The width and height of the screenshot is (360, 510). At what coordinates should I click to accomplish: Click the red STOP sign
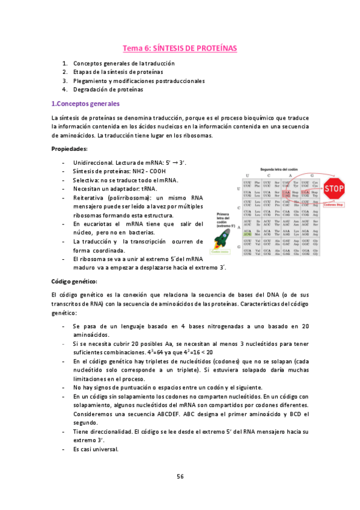[334, 189]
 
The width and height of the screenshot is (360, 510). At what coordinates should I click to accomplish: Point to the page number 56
[180, 476]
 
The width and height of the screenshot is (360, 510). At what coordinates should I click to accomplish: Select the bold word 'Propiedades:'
[70, 149]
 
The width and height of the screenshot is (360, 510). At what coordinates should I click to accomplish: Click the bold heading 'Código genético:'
[75, 281]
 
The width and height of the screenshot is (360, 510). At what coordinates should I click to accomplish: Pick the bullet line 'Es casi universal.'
[96, 449]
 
